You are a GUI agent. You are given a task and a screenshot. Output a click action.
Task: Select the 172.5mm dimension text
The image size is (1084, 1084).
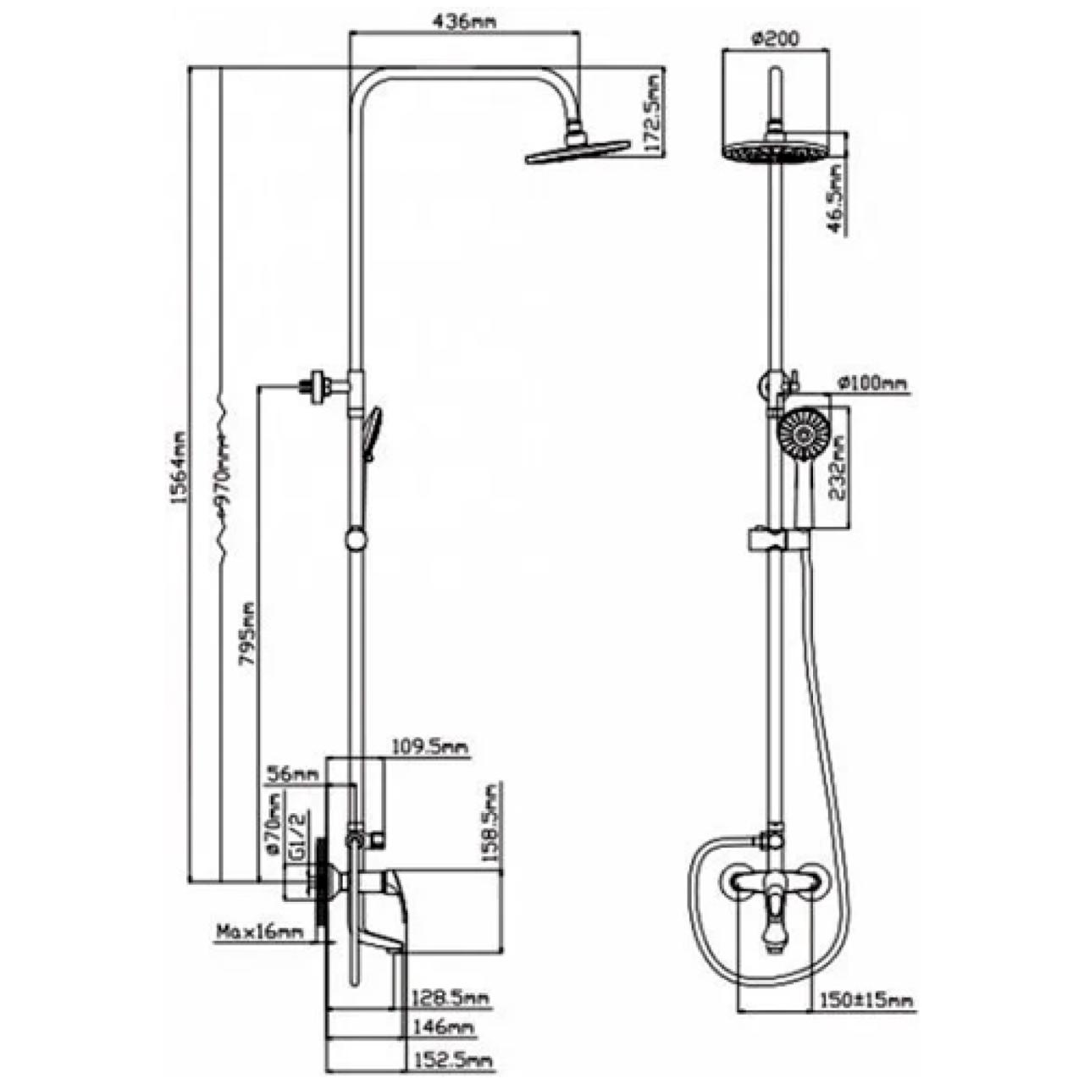click(x=653, y=115)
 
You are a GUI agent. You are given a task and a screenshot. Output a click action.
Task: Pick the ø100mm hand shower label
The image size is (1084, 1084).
click(x=871, y=384)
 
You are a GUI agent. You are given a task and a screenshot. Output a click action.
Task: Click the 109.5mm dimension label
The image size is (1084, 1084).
click(x=429, y=747)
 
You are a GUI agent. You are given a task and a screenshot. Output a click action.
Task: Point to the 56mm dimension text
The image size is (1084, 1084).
click(x=291, y=773)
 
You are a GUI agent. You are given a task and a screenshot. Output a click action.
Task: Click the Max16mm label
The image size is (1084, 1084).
click(x=259, y=933)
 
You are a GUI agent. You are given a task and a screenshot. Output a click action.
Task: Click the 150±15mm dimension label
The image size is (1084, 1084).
click(x=866, y=1001)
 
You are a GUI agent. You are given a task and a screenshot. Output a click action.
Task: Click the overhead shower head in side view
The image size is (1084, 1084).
click(x=578, y=151)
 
